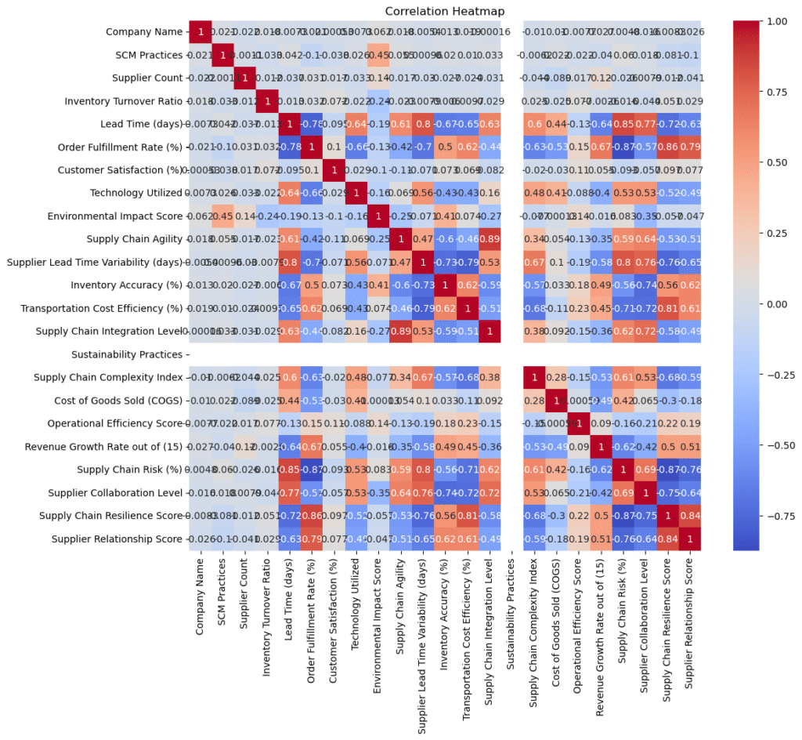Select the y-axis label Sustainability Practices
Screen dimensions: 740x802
point(126,354)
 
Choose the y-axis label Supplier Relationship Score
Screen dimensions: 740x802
point(117,539)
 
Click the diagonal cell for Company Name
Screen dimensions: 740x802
point(200,31)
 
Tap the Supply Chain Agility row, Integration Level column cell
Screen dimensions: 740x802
point(490,239)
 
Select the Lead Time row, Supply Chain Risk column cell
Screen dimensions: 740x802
point(623,124)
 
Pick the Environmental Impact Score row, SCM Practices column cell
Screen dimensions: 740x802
point(223,216)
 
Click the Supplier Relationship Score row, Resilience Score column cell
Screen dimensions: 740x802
point(668,539)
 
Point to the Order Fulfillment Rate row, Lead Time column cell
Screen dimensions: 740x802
point(290,147)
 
